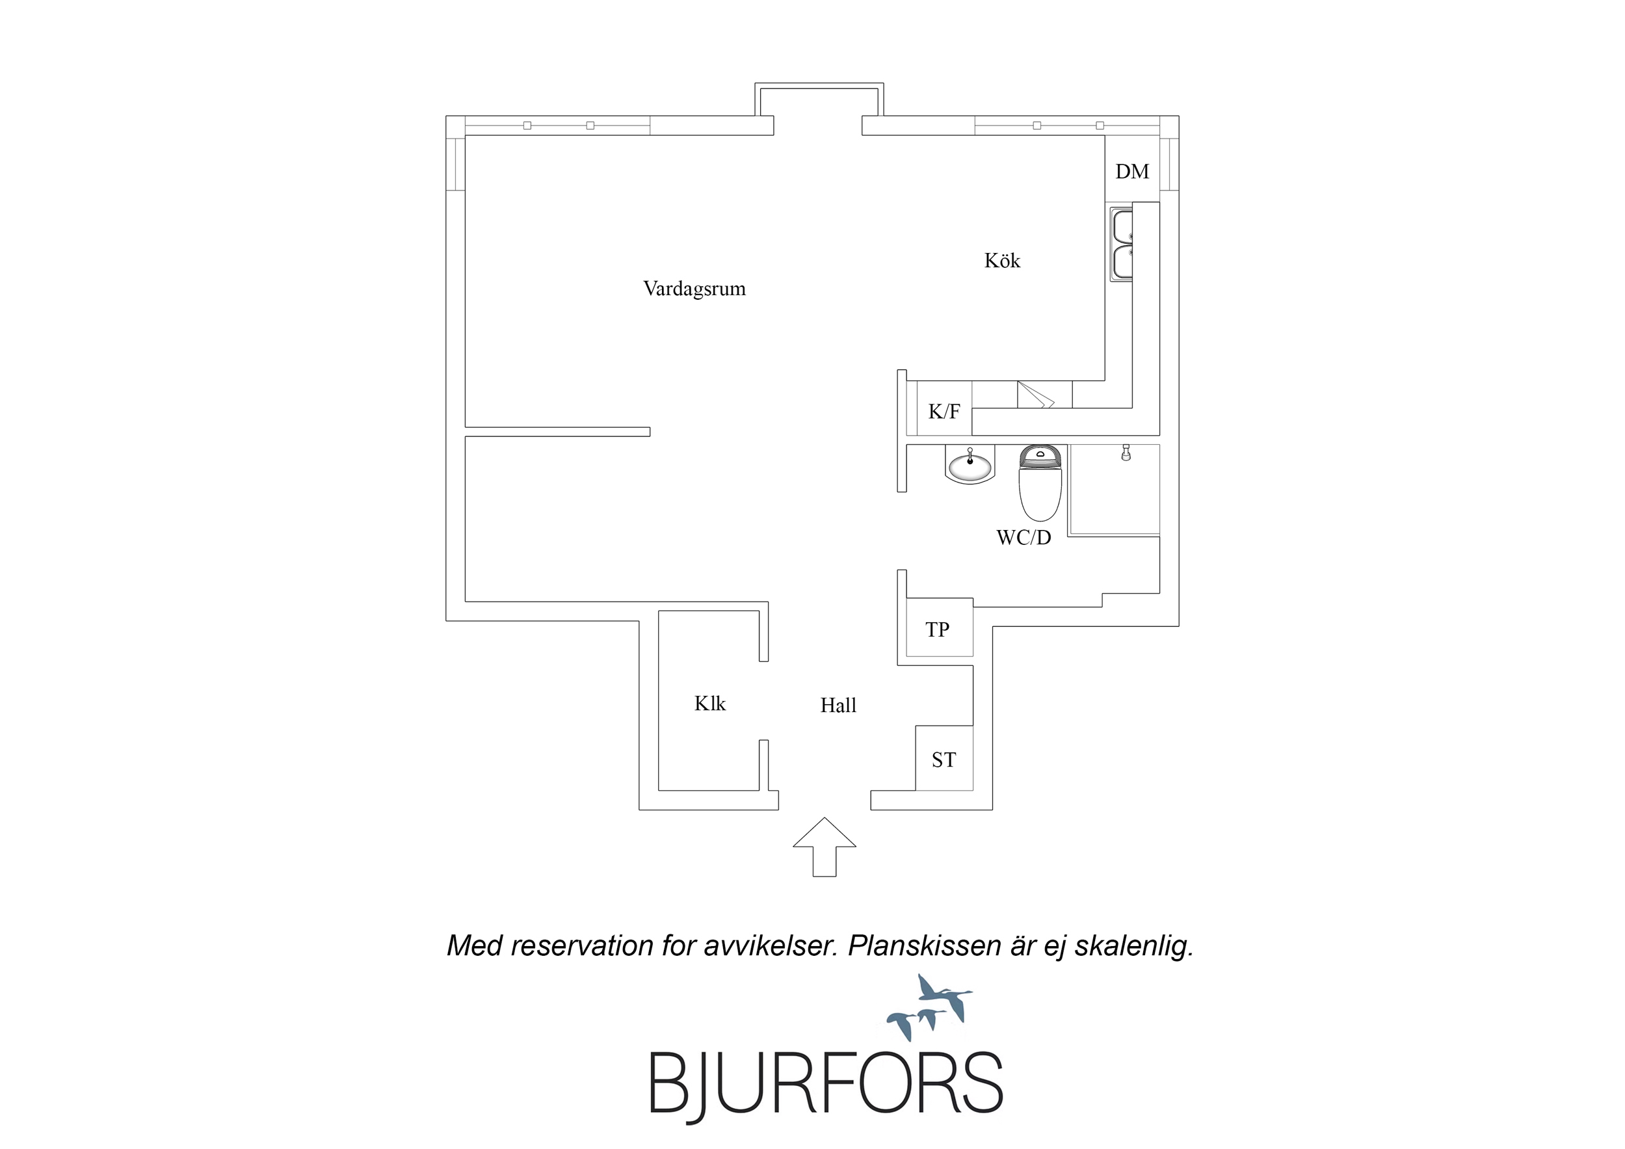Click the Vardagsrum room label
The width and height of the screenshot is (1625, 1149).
point(694,289)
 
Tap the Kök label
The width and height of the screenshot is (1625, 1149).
point(1002,261)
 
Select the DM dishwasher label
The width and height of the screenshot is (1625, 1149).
point(1132,171)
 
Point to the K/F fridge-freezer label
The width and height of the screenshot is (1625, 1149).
point(944,412)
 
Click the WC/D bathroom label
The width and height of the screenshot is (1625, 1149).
point(1024,537)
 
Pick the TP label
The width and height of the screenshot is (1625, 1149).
point(937,629)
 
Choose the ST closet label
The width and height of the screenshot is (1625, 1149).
point(944,759)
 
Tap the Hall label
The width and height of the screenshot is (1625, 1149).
point(838,705)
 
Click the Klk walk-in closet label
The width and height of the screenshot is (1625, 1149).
point(710,703)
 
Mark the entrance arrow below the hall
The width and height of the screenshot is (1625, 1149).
point(825,847)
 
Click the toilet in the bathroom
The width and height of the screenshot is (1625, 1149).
point(1040,483)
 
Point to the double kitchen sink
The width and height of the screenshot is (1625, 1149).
point(1121,244)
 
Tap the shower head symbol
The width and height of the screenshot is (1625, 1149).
point(1126,453)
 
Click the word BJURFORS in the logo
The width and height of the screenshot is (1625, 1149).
point(826,1084)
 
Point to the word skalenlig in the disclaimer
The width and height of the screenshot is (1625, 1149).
point(1134,947)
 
